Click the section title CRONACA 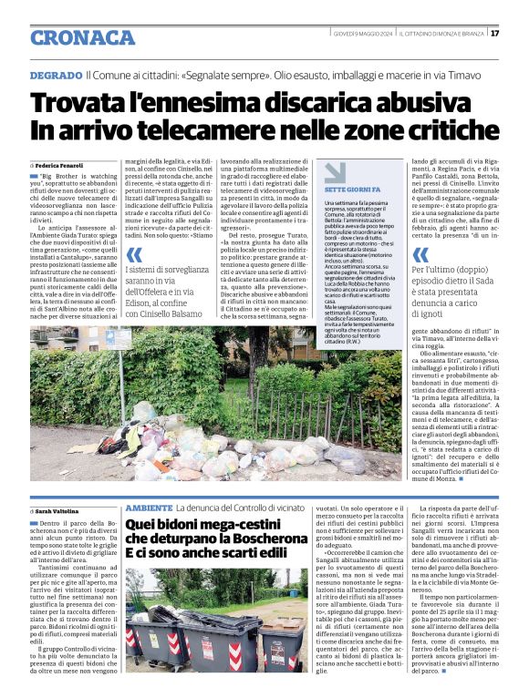pos(82,37)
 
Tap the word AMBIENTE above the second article pos(148,507)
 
